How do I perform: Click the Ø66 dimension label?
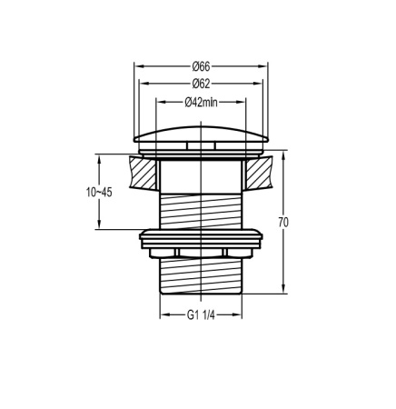pos(202,65)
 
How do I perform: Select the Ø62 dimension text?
pos(202,83)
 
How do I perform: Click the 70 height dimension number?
pos(283,221)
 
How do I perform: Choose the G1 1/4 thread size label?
pos(202,316)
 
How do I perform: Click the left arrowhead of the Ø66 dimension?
pos(137,65)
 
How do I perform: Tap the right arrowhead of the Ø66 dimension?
pos(265,65)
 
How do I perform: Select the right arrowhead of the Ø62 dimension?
pos(261,83)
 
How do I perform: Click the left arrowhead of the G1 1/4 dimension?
pos(163,316)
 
